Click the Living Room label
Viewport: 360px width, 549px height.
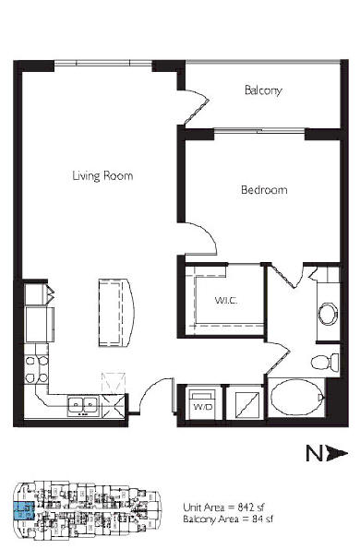pos(102,175)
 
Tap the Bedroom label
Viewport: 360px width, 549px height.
pos(264,190)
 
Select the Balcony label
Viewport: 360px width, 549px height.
pos(263,90)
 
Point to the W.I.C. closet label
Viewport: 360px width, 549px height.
pos(226,301)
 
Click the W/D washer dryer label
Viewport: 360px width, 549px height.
pos(203,407)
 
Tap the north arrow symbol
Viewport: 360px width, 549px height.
pos(327,453)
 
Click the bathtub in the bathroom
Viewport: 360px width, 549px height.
pos(297,397)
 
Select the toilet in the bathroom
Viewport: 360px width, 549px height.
pos(325,362)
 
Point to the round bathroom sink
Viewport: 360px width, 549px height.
pos(328,314)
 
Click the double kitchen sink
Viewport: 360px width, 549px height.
pos(83,406)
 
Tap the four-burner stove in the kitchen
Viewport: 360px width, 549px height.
pos(36,369)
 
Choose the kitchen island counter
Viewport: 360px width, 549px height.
pos(115,312)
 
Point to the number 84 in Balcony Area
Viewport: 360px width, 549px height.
pos(258,519)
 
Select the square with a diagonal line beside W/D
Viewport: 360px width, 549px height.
pos(247,405)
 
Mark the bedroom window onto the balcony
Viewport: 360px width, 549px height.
pos(259,131)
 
